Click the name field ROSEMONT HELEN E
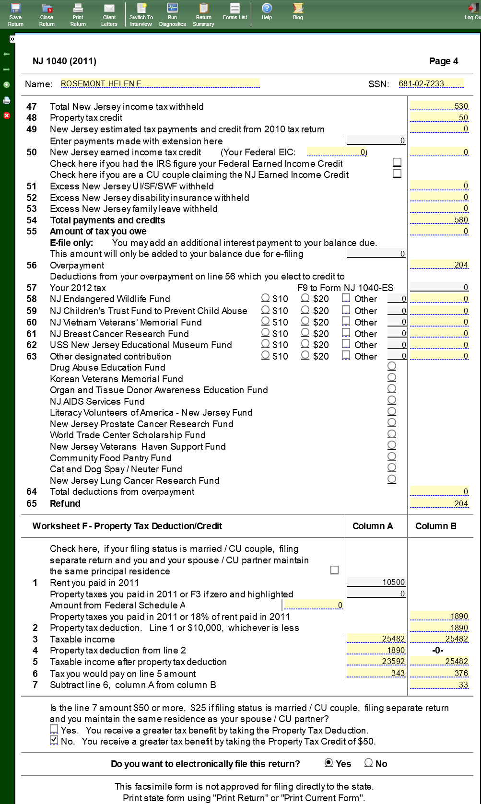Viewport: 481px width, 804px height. [x=160, y=83]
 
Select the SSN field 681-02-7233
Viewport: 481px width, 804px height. [x=431, y=83]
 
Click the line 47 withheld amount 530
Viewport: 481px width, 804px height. [x=439, y=106]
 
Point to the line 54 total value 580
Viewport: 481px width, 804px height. [x=439, y=220]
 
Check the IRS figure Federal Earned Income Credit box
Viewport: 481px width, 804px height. [x=397, y=163]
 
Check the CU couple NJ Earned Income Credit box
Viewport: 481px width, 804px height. [x=397, y=174]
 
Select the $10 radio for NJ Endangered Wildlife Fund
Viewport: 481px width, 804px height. [x=265, y=298]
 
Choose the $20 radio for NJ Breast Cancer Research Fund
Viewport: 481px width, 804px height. [x=305, y=333]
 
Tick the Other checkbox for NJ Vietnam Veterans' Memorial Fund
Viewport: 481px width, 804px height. [x=346, y=321]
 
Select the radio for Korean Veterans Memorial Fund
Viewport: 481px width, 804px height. [x=392, y=378]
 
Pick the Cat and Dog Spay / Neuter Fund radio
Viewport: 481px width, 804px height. [x=392, y=468]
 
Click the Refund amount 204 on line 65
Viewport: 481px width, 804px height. [x=439, y=503]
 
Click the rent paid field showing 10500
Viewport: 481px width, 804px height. [x=376, y=582]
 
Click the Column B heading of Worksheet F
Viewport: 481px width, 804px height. [x=435, y=526]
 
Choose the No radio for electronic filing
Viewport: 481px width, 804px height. [x=368, y=763]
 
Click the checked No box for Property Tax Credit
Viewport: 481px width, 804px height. [x=54, y=741]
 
